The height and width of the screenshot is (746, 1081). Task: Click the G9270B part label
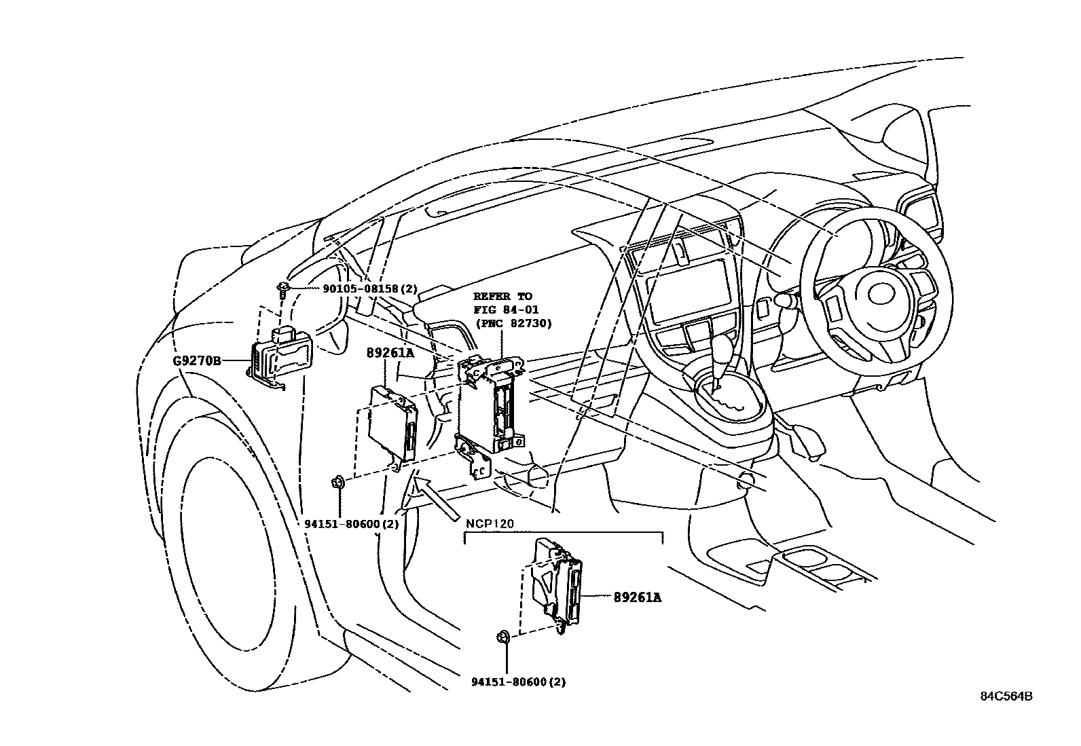[197, 361]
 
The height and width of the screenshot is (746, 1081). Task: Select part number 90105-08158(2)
[369, 288]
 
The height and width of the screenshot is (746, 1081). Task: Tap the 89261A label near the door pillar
[390, 353]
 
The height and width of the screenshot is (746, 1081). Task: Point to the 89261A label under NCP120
[637, 597]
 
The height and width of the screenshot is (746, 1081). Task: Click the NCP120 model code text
[490, 524]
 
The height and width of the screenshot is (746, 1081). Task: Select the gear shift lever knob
[730, 350]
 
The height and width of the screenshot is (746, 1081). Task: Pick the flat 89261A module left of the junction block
[391, 424]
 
